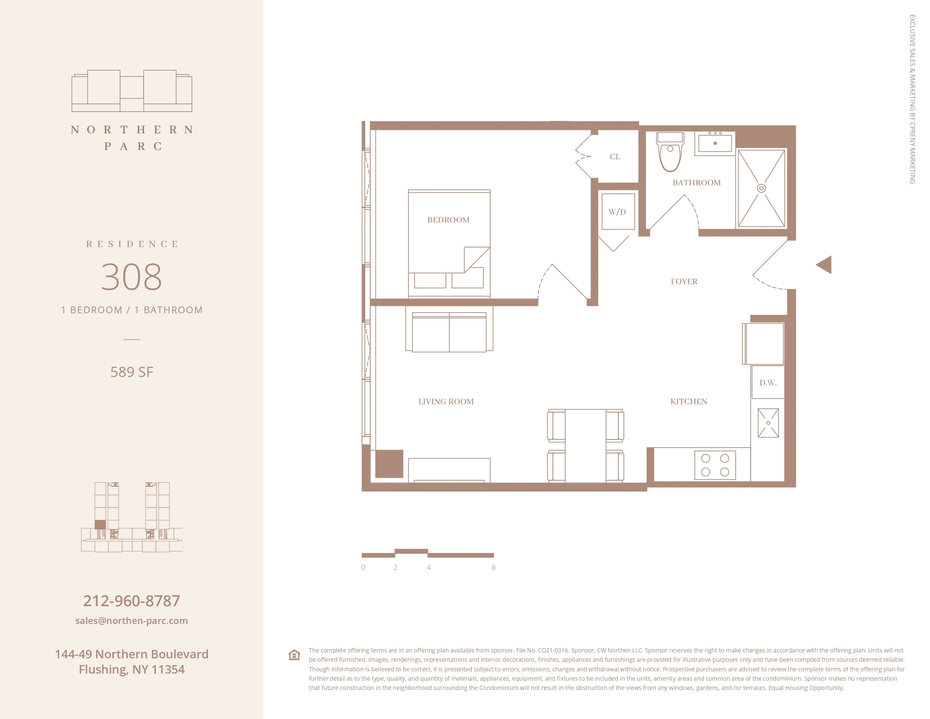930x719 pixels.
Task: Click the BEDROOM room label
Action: [x=448, y=220]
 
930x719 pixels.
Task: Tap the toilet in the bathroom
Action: [x=670, y=153]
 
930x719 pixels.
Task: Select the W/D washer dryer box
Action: [x=618, y=212]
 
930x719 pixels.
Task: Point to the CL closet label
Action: [x=615, y=157]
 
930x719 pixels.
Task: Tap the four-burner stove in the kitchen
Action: [x=715, y=465]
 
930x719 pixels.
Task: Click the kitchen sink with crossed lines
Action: [x=768, y=423]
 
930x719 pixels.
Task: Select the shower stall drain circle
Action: [x=761, y=188]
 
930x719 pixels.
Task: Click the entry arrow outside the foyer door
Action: [x=824, y=265]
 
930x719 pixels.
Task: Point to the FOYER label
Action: [x=684, y=282]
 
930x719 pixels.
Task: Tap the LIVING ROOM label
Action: [x=446, y=402]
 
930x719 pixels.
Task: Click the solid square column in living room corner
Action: [x=389, y=464]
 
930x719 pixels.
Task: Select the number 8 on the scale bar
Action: [x=493, y=567]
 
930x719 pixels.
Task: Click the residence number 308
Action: [x=132, y=277]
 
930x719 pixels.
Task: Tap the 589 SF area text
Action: [x=132, y=372]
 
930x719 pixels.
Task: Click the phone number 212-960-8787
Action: [x=132, y=601]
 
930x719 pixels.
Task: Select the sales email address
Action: [x=132, y=621]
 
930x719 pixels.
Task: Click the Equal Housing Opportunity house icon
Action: [x=294, y=655]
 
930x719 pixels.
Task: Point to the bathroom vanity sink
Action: [x=715, y=143]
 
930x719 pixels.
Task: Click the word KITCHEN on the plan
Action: [x=688, y=402]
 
